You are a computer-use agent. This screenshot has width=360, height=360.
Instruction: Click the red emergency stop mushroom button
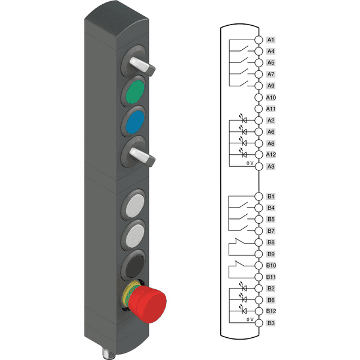pyautogui.click(x=147, y=304)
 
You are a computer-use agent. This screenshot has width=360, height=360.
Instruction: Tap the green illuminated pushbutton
pyautogui.click(x=135, y=91)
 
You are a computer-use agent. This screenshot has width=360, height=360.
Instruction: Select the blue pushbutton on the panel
pyautogui.click(x=135, y=122)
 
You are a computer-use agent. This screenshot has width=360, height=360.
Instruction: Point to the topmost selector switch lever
pyautogui.click(x=142, y=65)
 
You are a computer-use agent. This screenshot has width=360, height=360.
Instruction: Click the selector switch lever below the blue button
pyautogui.click(x=142, y=156)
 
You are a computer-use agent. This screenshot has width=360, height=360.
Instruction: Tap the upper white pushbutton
pyautogui.click(x=135, y=205)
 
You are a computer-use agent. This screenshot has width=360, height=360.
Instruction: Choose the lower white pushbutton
pyautogui.click(x=135, y=236)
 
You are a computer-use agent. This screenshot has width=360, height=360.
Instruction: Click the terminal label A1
pyautogui.click(x=271, y=40)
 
